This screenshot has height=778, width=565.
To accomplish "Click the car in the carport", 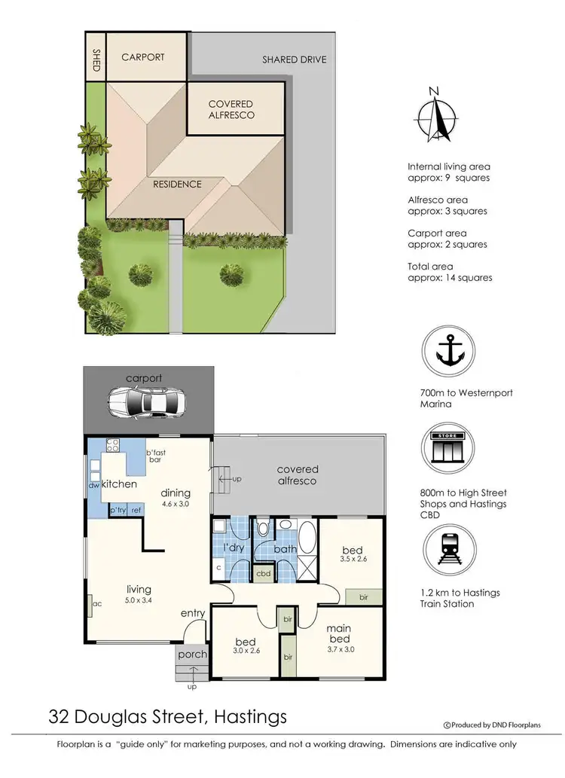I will [148, 402].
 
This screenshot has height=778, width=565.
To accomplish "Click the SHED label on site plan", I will [96, 59].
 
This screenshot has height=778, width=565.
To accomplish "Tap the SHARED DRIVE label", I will [295, 59].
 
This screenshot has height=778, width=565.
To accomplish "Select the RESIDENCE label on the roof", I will [178, 184].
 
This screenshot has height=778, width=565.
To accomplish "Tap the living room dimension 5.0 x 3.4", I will [139, 600].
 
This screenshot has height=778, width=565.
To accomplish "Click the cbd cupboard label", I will [264, 573].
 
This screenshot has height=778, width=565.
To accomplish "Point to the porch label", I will [192, 654].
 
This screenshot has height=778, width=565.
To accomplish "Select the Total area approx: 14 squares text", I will [450, 272].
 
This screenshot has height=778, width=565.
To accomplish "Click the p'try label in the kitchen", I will [118, 511].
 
